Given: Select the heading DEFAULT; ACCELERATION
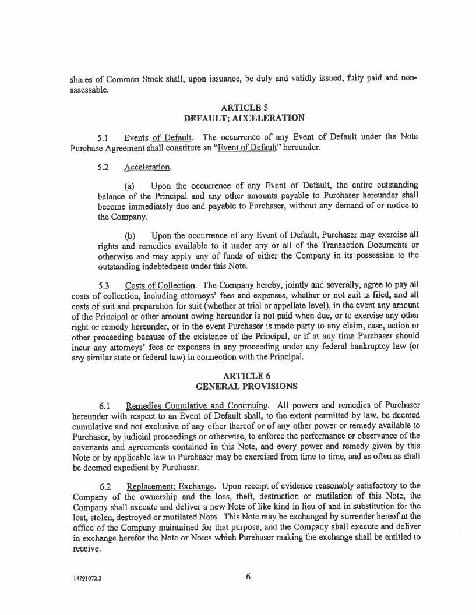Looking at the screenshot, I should tap(244, 118).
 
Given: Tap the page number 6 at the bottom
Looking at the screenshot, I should tap(248, 577).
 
